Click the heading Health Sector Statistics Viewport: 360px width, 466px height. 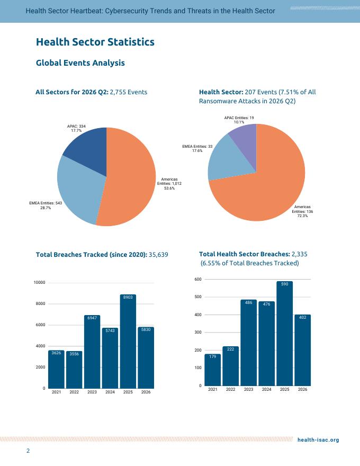click(95, 42)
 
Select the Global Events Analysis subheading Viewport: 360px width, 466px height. click(80, 63)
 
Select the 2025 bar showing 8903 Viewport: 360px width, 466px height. click(128, 342)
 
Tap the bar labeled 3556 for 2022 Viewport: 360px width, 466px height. click(74, 370)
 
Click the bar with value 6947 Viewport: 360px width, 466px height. click(92, 352)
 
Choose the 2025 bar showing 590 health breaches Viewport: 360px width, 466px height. click(284, 334)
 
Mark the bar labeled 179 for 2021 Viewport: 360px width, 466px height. click(213, 370)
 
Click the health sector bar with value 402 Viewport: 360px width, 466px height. click(303, 350)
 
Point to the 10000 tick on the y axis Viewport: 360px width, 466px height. click(39, 283)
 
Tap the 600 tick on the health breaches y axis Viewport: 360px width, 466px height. click(198, 280)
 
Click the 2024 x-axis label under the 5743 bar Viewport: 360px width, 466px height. click(110, 392)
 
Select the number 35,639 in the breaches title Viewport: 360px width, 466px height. click(158, 255)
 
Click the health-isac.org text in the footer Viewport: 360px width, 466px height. click(318, 440)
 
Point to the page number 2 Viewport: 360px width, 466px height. click(28, 451)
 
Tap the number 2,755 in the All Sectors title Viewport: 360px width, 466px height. click(118, 92)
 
